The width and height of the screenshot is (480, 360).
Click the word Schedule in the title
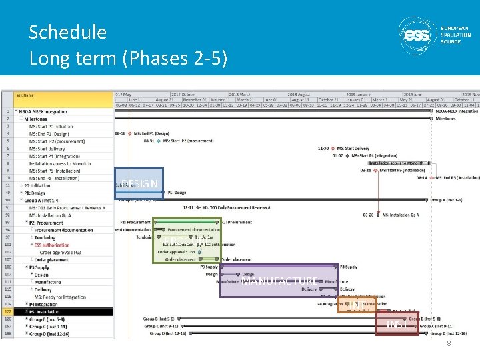[67, 32]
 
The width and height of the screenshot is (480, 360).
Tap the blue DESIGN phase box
[139, 183]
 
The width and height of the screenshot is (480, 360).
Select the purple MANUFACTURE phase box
[279, 281]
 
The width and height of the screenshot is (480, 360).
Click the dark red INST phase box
[397, 324]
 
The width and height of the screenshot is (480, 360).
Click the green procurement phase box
[186, 239]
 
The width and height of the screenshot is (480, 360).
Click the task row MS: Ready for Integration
[60, 297]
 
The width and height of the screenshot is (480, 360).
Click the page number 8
[449, 344]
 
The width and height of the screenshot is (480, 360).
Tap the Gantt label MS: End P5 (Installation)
[457, 178]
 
